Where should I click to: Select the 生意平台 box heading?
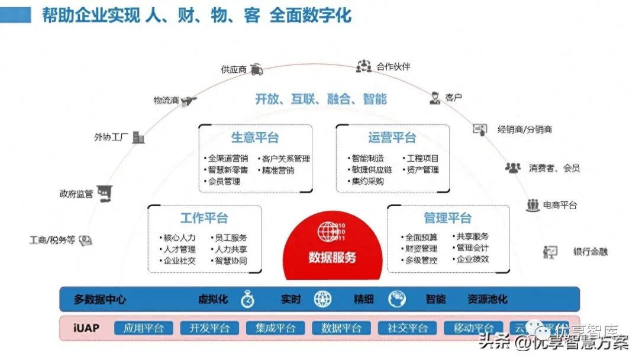click(x=255, y=137)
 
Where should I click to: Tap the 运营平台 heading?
click(x=392, y=137)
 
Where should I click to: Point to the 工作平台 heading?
click(x=204, y=218)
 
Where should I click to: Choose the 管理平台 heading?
click(x=448, y=218)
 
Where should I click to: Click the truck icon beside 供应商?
click(x=257, y=69)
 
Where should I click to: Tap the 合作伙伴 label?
click(x=393, y=66)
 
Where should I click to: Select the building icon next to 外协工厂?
click(x=138, y=137)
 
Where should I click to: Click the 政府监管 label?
click(x=76, y=194)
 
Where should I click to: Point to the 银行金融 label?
click(x=590, y=252)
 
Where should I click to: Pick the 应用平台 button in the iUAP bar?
click(x=143, y=328)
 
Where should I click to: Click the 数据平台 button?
click(x=341, y=328)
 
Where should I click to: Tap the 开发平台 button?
click(x=209, y=328)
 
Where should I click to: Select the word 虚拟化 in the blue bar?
click(x=213, y=299)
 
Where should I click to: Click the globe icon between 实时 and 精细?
click(x=322, y=299)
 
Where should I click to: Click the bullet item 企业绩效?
click(x=472, y=259)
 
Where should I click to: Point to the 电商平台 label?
click(x=560, y=205)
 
